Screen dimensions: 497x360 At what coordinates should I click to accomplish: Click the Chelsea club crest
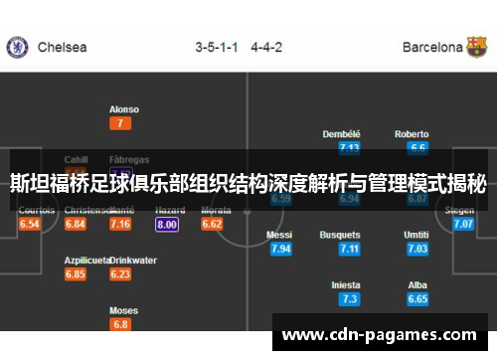pos(17,47)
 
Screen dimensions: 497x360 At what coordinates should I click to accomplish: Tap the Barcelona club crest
pos(478,47)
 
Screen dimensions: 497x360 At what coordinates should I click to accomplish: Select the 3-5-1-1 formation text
pos(216,47)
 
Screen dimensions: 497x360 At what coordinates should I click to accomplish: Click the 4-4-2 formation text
pos(267,47)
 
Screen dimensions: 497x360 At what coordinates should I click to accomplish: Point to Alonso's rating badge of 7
pos(120,123)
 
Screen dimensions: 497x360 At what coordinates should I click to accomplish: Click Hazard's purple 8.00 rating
pos(167,225)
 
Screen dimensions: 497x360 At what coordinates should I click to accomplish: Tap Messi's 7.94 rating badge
pos(280,249)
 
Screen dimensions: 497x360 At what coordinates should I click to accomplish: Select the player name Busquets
pos(340,235)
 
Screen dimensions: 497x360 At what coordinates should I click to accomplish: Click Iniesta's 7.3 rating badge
pos(349,298)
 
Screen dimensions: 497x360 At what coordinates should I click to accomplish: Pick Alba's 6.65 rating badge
pos(417,298)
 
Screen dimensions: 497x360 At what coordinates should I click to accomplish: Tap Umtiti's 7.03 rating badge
pos(417,249)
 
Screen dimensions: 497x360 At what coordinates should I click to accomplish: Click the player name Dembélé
pos(342,134)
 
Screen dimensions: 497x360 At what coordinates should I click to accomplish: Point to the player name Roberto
pos(412,134)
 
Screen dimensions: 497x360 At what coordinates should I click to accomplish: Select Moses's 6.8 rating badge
pos(120,324)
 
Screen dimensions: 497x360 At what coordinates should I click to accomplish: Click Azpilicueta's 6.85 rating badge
pos(76,273)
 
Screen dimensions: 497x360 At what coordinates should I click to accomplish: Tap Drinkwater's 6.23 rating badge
pos(120,273)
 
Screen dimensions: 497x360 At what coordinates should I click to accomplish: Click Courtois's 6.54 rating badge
pos(30,225)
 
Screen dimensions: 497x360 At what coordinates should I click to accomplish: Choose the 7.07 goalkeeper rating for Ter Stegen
pos(463,225)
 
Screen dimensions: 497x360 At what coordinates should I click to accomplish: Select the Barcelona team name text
pos(432,47)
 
